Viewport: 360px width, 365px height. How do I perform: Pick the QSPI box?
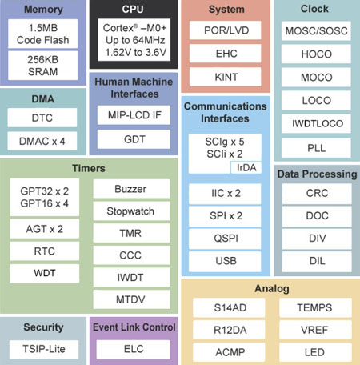pyautogui.click(x=226, y=239)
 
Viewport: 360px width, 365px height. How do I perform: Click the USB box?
pyautogui.click(x=226, y=261)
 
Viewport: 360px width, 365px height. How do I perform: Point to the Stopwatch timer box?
pyautogui.click(x=131, y=211)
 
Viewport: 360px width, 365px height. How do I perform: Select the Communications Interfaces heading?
pyautogui.click(x=226, y=112)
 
